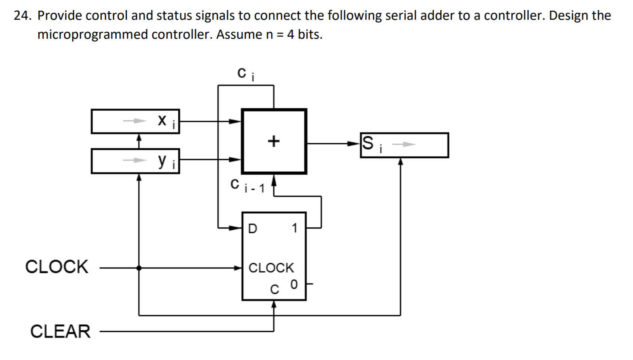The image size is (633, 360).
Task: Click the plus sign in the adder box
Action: tap(273, 141)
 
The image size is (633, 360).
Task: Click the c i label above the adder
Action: tap(246, 74)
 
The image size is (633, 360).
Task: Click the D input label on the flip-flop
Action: tap(252, 229)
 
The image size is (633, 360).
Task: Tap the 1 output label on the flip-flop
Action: tap(294, 228)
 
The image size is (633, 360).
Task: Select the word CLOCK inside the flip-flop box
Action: tap(271, 268)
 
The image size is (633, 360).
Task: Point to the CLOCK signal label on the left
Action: tap(57, 267)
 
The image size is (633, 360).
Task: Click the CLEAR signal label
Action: tap(60, 332)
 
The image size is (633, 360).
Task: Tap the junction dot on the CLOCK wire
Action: tap(139, 268)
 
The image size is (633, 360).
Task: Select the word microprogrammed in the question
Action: tap(93, 35)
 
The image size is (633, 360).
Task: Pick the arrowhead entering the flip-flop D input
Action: tap(237, 228)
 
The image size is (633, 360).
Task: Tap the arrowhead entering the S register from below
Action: tap(401, 161)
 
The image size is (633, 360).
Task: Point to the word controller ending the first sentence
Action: tap(514, 16)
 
